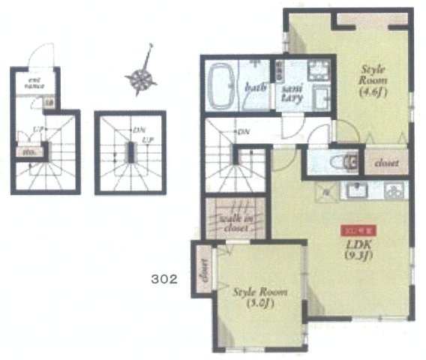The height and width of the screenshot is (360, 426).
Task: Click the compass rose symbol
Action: [x=140, y=77]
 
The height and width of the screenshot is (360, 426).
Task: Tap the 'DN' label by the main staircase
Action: [x=243, y=132]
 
